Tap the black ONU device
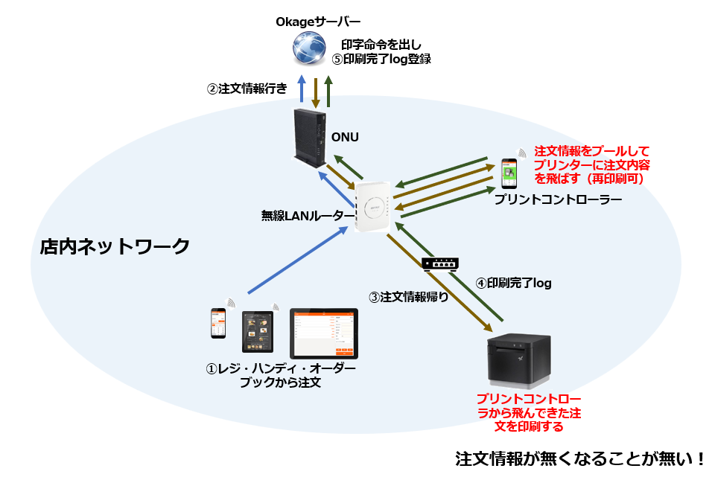tap(308, 135)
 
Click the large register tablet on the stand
tap(323, 333)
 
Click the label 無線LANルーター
tap(308, 216)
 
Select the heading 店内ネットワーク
tap(115, 246)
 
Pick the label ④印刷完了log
tap(514, 283)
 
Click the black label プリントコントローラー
tap(553, 200)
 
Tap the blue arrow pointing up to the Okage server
tap(302, 89)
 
